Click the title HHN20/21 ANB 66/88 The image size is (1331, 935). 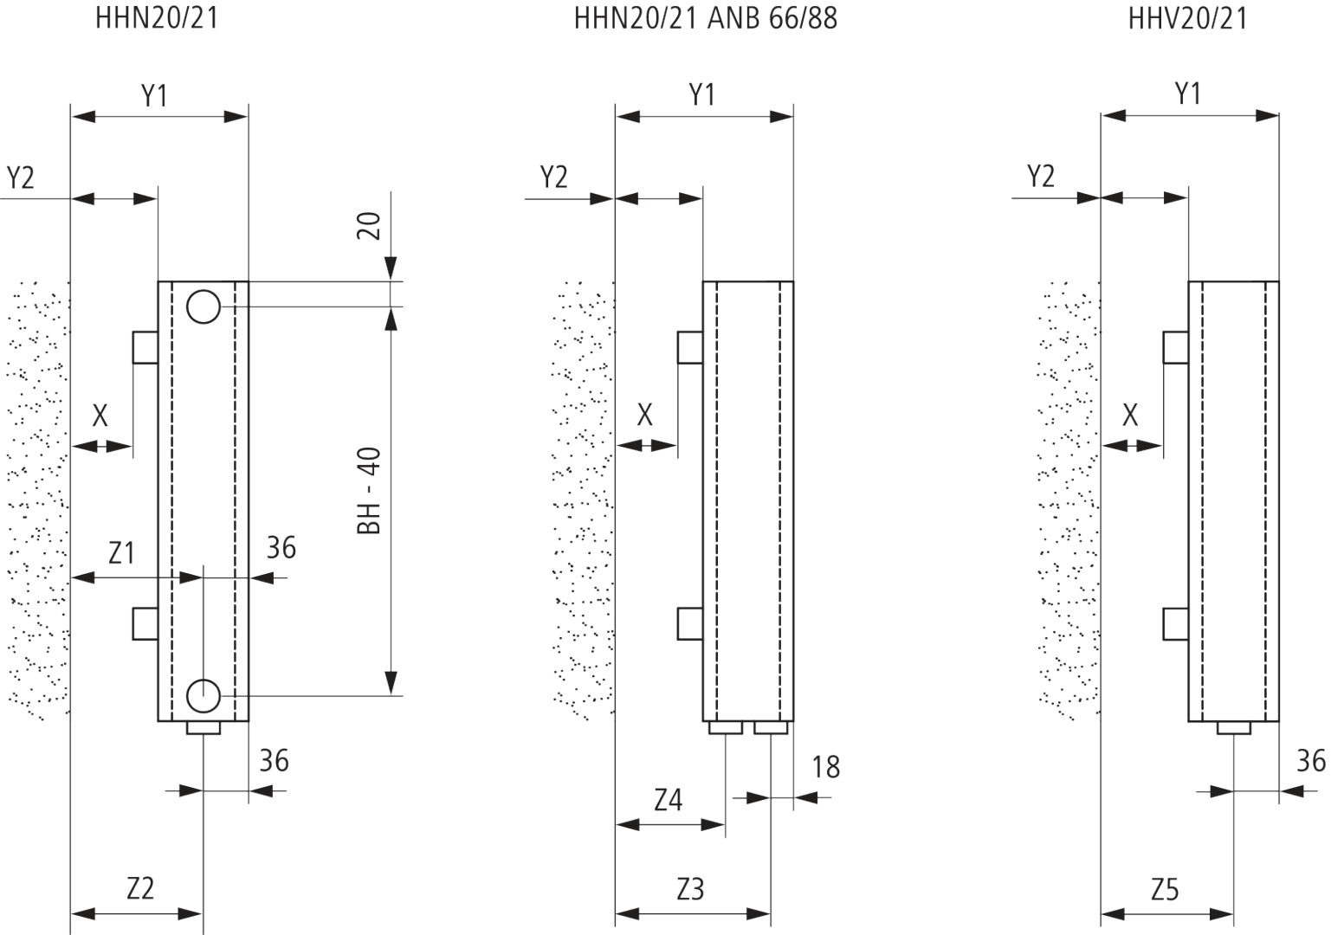[x=705, y=18]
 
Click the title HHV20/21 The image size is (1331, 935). [x=1187, y=18]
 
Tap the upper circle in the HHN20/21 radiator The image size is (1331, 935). [x=204, y=306]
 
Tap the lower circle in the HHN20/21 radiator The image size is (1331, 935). [x=204, y=693]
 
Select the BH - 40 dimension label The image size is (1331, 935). [x=370, y=491]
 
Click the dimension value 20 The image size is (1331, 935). [x=370, y=227]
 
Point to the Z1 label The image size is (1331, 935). [x=121, y=552]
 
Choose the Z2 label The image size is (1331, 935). [x=140, y=888]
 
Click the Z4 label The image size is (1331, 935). [x=668, y=800]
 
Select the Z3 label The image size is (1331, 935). [x=690, y=888]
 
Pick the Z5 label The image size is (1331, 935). [x=1165, y=888]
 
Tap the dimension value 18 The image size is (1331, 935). [x=826, y=767]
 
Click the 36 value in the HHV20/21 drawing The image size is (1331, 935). [x=1311, y=761]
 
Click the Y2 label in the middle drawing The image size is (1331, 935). [x=553, y=177]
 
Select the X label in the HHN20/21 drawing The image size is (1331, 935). [x=100, y=416]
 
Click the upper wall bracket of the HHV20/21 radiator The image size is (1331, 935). [x=1175, y=347]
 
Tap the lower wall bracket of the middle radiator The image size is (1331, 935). [x=689, y=623]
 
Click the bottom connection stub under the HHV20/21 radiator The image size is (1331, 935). [x=1233, y=728]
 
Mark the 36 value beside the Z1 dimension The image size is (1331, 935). [x=281, y=547]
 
